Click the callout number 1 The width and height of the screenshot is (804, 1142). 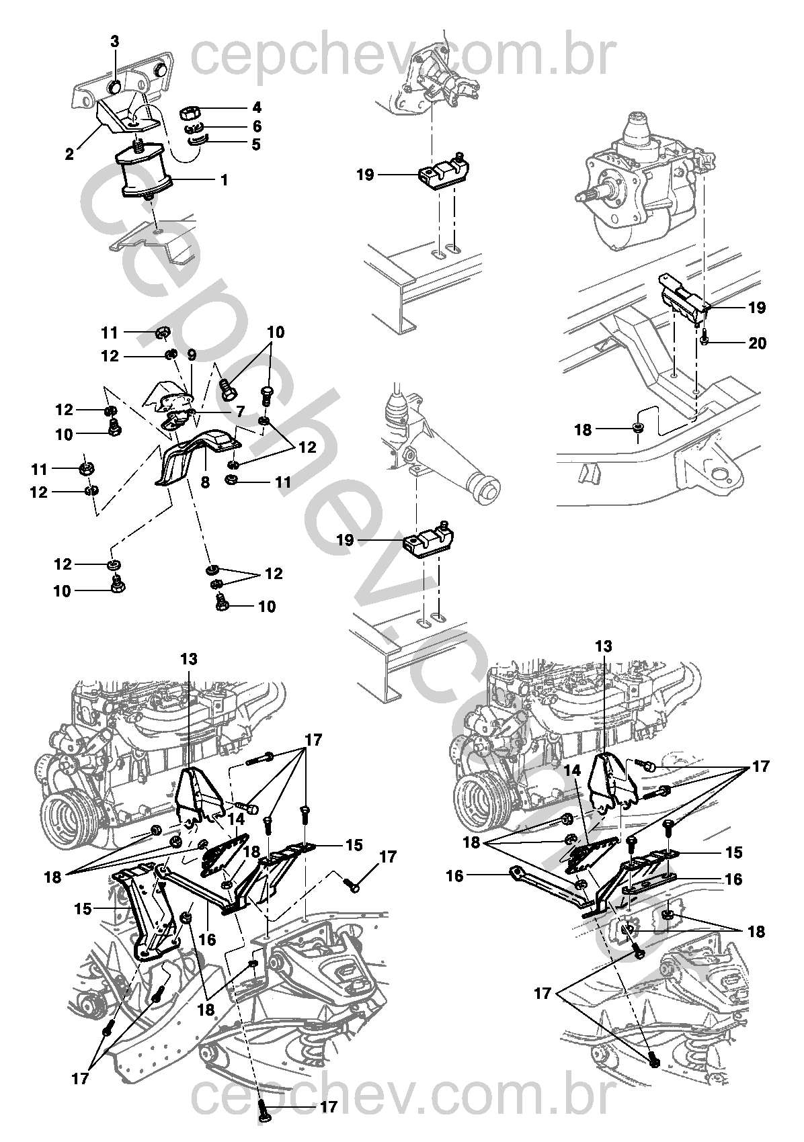tap(224, 180)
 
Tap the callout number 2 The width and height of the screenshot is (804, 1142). tap(69, 153)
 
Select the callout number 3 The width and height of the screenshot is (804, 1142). tap(115, 41)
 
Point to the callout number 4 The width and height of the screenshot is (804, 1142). tap(257, 107)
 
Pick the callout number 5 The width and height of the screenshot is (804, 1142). tap(256, 144)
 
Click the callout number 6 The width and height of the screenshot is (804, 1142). tap(257, 126)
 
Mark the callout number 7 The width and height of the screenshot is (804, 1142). tap(240, 411)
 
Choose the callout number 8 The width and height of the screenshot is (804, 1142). tap(205, 482)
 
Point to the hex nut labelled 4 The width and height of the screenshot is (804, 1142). tap(192, 111)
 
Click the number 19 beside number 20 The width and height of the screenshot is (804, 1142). tap(757, 308)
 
